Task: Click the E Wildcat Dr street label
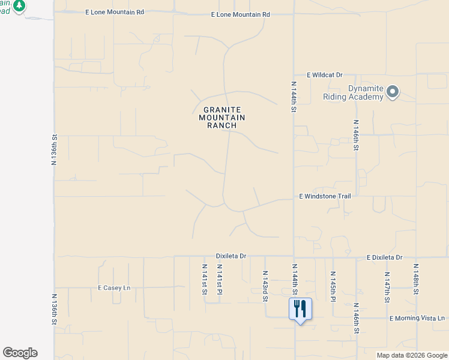[x=324, y=75]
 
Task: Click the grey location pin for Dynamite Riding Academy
[x=393, y=92]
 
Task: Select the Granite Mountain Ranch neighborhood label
[x=222, y=118]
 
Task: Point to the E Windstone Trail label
[x=325, y=196]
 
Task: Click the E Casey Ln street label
[x=114, y=288]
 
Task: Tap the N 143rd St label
[x=265, y=284]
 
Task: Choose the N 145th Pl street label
[x=332, y=286]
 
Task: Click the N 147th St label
[x=387, y=286]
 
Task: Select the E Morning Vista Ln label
[x=417, y=318]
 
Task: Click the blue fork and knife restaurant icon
[x=300, y=309]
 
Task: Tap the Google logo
[x=20, y=353]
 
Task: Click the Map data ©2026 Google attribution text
[x=412, y=355]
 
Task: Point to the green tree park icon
[x=19, y=5]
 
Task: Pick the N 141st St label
[x=204, y=279]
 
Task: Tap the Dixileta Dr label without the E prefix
[x=231, y=256]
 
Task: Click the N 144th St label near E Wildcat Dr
[x=294, y=98]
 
